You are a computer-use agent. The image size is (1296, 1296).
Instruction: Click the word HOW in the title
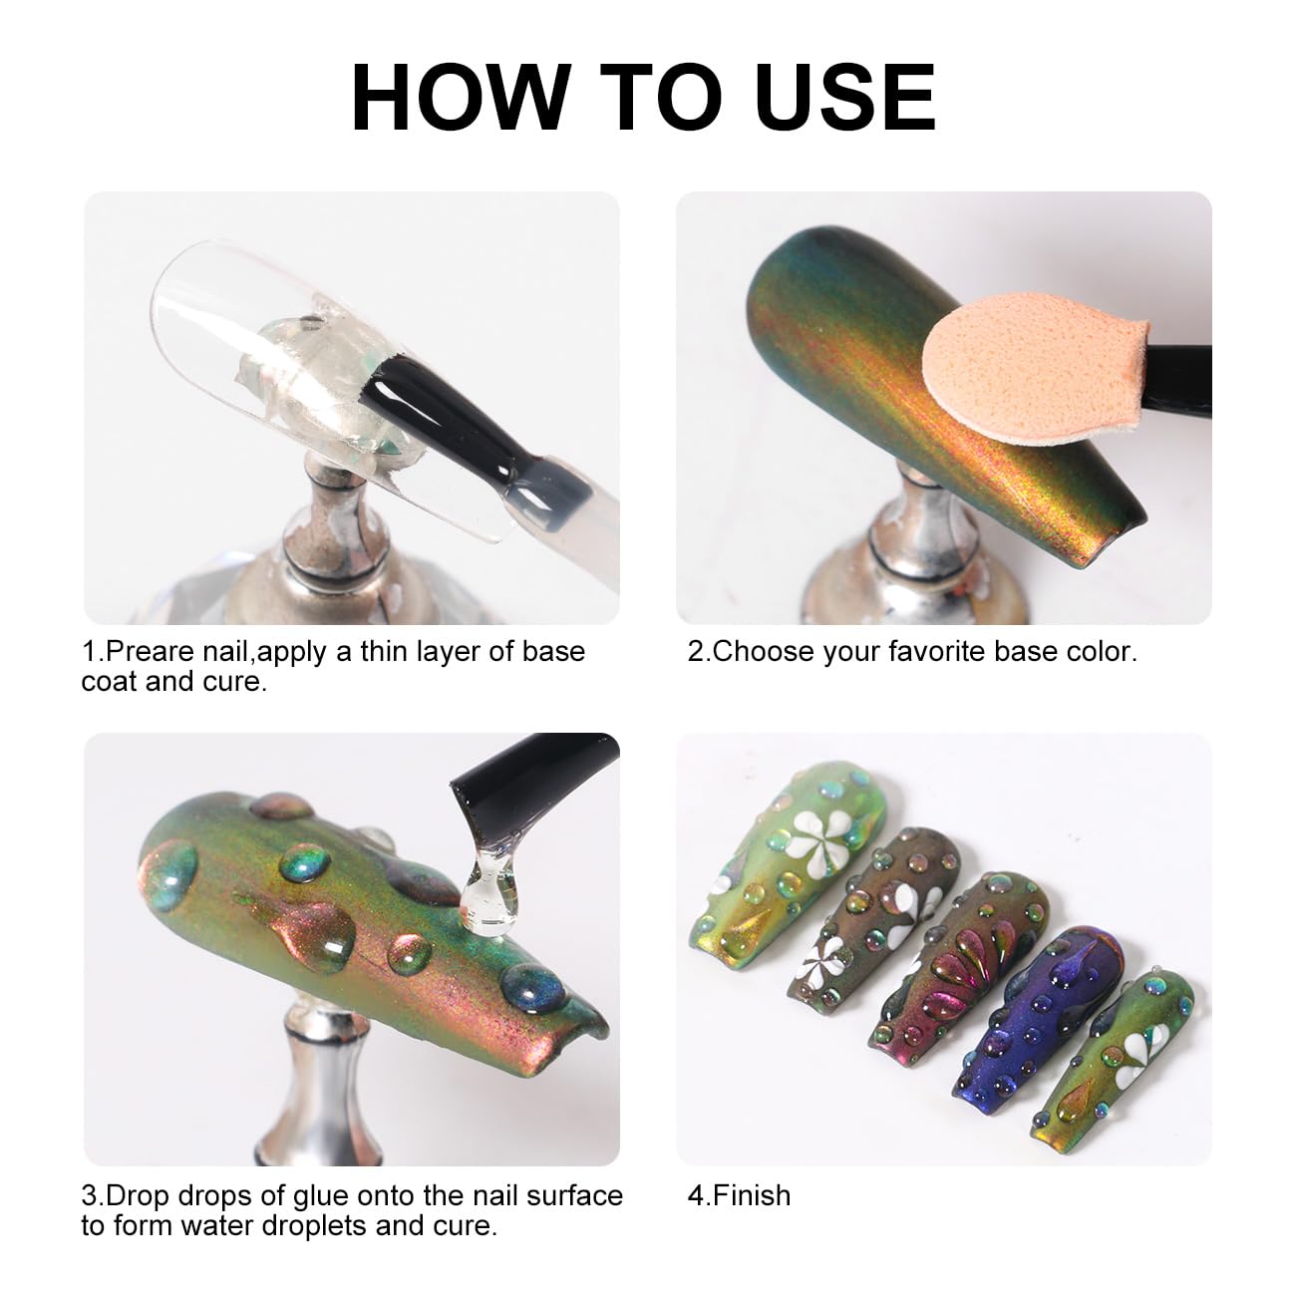pyautogui.click(x=461, y=97)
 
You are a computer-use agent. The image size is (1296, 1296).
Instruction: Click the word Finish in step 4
pyautogui.click(x=752, y=1195)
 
